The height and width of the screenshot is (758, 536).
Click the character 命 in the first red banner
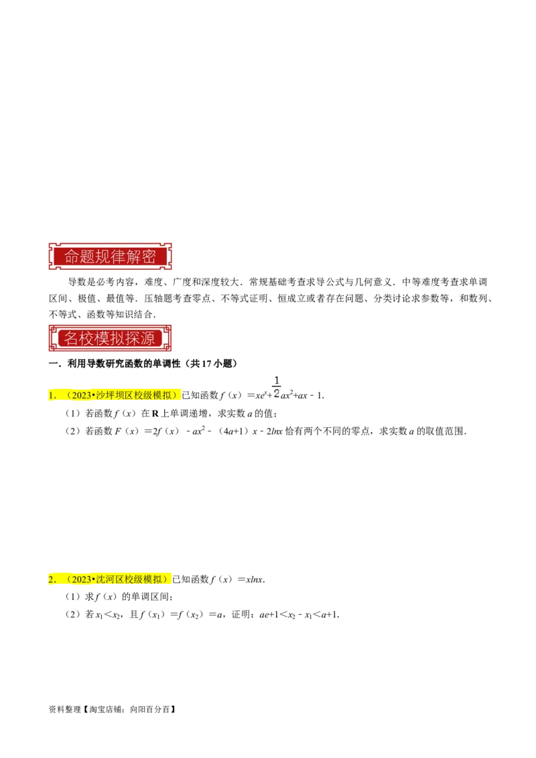(71, 257)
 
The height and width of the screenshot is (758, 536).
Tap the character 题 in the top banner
(86, 257)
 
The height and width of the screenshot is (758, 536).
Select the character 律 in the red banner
(118, 257)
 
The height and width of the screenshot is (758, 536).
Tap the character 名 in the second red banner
(71, 338)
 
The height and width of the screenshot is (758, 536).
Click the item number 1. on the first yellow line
(52, 396)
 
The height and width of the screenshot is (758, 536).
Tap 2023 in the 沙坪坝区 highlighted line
(81, 396)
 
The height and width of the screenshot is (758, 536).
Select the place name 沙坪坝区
(115, 396)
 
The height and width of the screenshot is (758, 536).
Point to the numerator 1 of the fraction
(276, 381)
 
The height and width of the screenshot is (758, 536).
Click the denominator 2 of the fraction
(276, 394)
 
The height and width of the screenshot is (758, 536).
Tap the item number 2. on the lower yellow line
(52, 579)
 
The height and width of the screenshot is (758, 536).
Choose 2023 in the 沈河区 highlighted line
(81, 579)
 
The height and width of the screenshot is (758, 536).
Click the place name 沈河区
(110, 579)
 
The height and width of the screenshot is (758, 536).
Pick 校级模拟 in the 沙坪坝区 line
(153, 396)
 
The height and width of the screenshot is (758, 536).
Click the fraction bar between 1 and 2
(276, 388)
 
